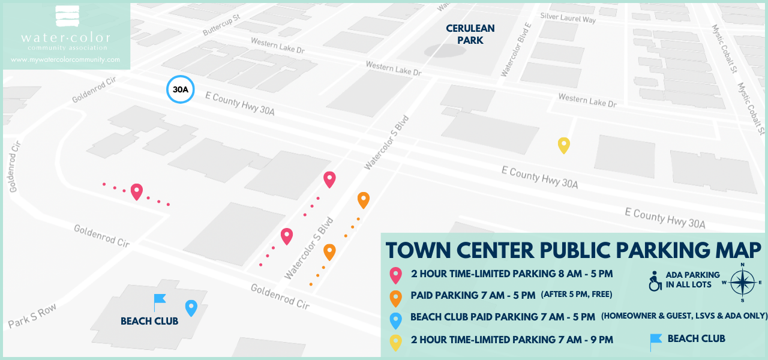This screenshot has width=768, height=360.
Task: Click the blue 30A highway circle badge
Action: point(180,89)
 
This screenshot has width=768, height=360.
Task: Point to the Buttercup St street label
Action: point(221,24)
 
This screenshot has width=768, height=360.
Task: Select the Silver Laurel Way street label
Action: point(568,18)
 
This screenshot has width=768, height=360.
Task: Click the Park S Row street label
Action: point(32,316)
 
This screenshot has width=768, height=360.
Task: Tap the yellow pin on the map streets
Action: point(563,145)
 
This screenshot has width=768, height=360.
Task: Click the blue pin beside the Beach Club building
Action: point(191,307)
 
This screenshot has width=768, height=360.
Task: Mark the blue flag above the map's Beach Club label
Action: point(159,301)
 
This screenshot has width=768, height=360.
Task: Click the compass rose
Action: point(742,282)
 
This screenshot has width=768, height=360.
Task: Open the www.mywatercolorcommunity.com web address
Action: point(65,60)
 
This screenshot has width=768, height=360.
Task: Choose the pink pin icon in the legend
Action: point(395,275)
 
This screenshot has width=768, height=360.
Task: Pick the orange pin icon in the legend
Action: point(395,297)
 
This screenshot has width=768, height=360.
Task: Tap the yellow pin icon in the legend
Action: point(395,341)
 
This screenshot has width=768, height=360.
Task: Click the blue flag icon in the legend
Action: point(656,341)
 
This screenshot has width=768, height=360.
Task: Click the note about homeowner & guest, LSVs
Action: point(684,316)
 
